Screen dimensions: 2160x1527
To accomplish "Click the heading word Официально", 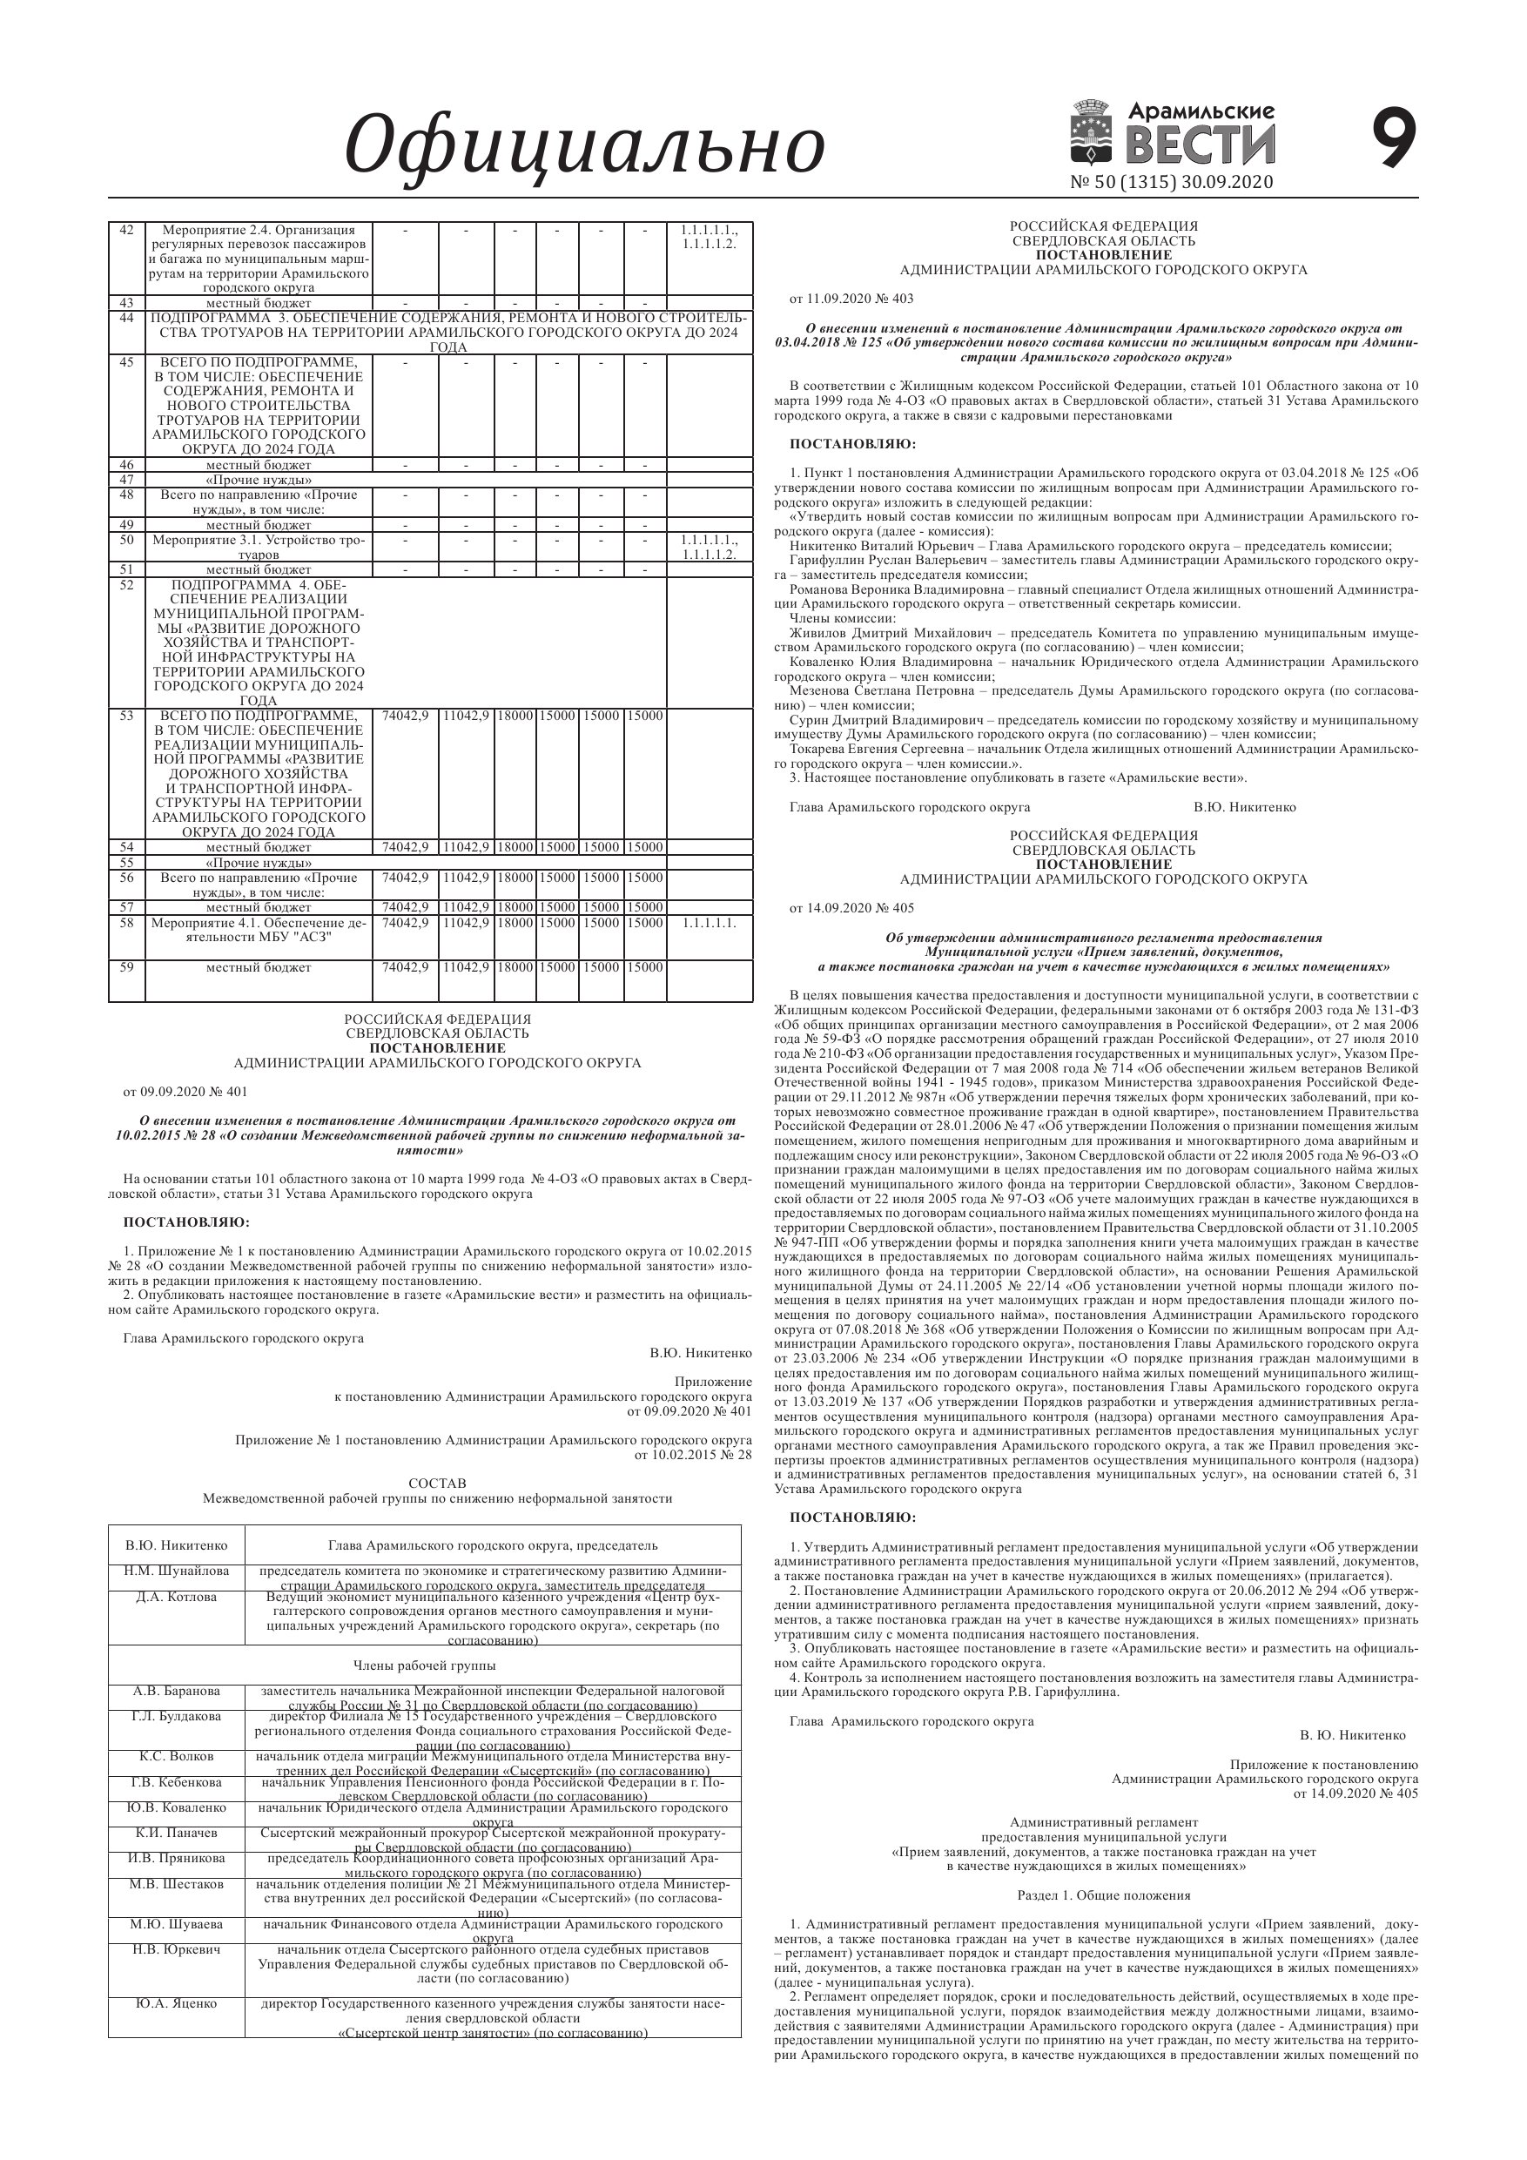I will pyautogui.click(x=584, y=145).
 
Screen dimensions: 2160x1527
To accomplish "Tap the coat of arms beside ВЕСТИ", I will pyautogui.click(x=1094, y=132).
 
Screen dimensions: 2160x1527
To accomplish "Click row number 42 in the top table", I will pyautogui.click(x=127, y=231).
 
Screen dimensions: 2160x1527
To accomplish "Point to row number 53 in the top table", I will pyautogui.click(x=127, y=716).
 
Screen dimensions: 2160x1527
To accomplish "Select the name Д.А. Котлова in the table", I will pyautogui.click(x=176, y=1598).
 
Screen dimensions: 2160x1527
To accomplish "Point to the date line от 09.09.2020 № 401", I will pyautogui.click(x=185, y=1093).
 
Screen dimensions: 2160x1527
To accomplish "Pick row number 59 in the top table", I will pyautogui.click(x=127, y=967).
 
